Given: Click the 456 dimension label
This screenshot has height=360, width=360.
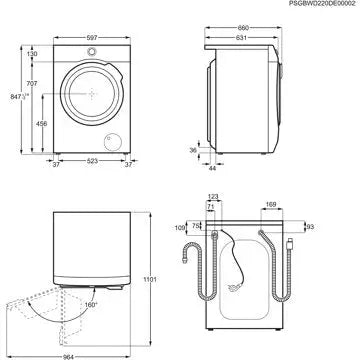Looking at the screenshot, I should click(39, 123).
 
